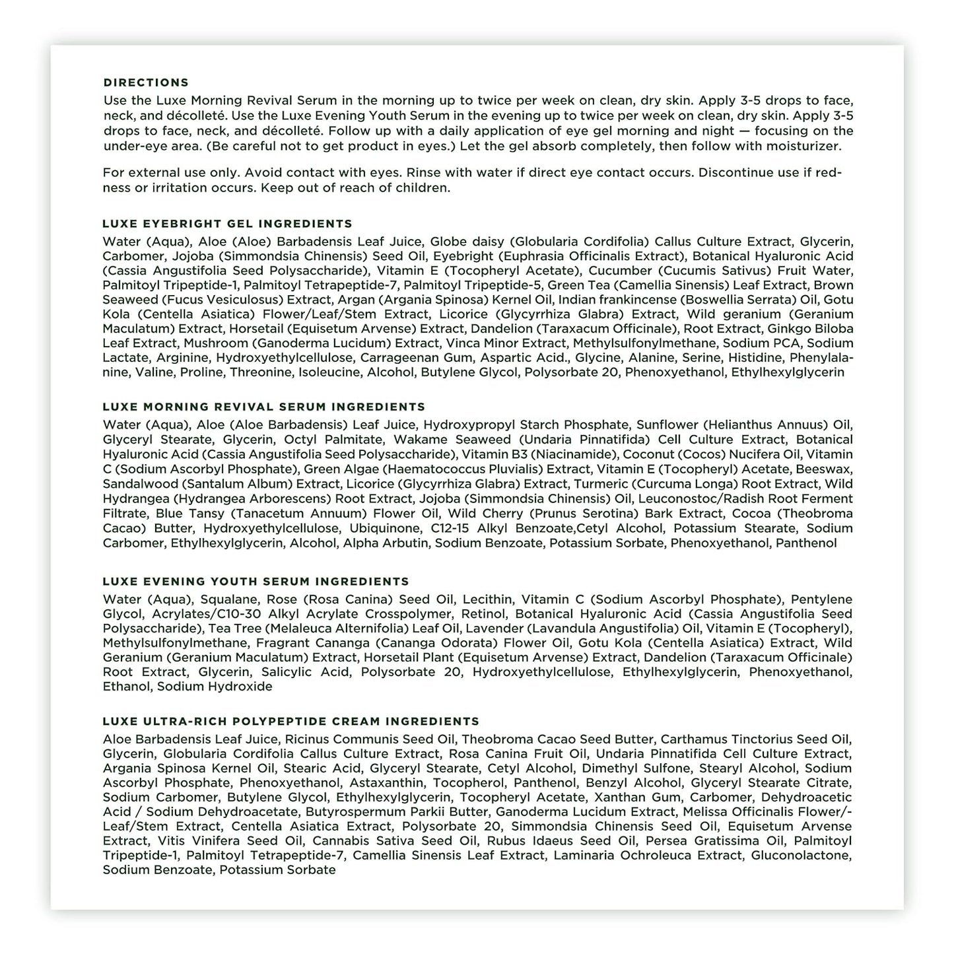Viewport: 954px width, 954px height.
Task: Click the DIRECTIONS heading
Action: coord(146,83)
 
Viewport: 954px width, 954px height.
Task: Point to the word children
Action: coord(423,187)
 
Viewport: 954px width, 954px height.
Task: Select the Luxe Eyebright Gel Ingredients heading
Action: coord(227,224)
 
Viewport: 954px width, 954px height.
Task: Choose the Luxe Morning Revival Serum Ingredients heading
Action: coord(264,407)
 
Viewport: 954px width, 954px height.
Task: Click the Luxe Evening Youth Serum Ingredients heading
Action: coord(256,582)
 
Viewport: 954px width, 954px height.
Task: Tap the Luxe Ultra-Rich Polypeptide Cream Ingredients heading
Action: coord(290,722)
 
